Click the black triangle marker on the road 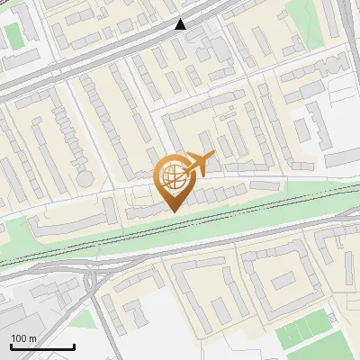[x=182, y=24]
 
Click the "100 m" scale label [x=23, y=338]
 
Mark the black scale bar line [x=42, y=346]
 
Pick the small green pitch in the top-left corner [x=12, y=35]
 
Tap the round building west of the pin [x=85, y=178]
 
